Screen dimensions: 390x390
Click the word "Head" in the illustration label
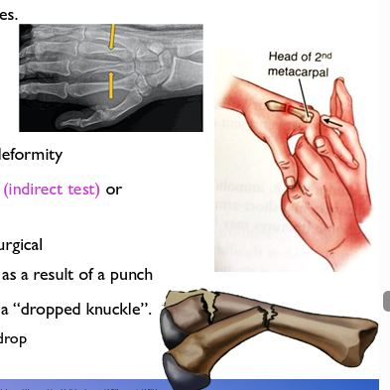281,56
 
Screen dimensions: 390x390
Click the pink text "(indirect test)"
52,189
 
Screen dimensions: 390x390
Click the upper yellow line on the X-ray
112,40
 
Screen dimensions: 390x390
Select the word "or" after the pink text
114,189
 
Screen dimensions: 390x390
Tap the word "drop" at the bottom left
14,338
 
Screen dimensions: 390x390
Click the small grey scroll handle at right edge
386,300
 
